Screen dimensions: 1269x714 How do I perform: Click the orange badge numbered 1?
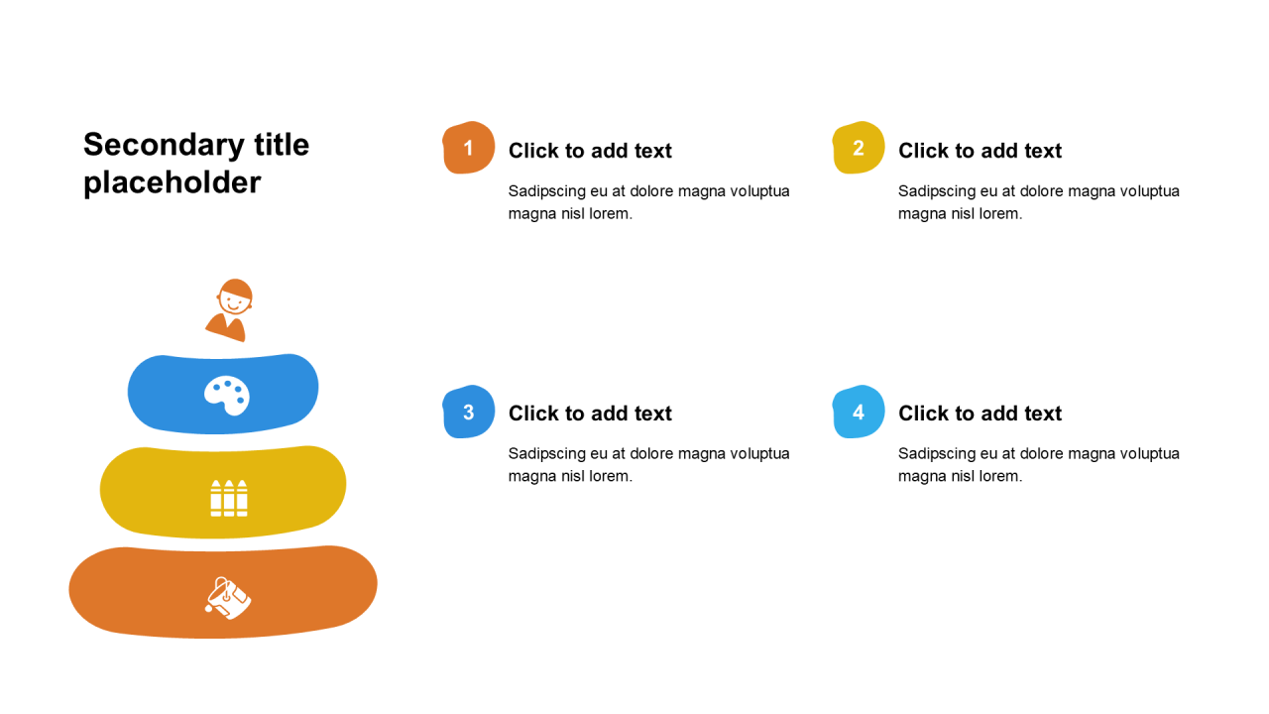(469, 148)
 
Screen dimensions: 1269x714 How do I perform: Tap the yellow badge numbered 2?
(859, 148)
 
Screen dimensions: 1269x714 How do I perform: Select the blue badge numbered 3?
(469, 412)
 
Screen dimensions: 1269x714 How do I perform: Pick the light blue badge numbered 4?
(859, 412)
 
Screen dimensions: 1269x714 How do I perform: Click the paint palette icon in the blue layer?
(227, 396)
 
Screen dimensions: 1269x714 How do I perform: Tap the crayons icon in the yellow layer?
(229, 498)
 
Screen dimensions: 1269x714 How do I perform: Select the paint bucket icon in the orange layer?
(228, 598)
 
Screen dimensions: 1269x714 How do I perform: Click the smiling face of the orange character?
(235, 297)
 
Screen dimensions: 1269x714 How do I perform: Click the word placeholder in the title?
(173, 183)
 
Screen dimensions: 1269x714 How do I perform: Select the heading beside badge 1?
(590, 151)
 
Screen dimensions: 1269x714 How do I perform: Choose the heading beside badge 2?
(980, 151)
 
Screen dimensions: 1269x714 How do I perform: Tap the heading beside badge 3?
(590, 414)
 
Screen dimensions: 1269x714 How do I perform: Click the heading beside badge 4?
(980, 414)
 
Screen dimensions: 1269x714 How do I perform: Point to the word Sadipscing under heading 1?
(546, 191)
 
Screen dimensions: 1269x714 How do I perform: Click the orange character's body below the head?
(227, 327)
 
